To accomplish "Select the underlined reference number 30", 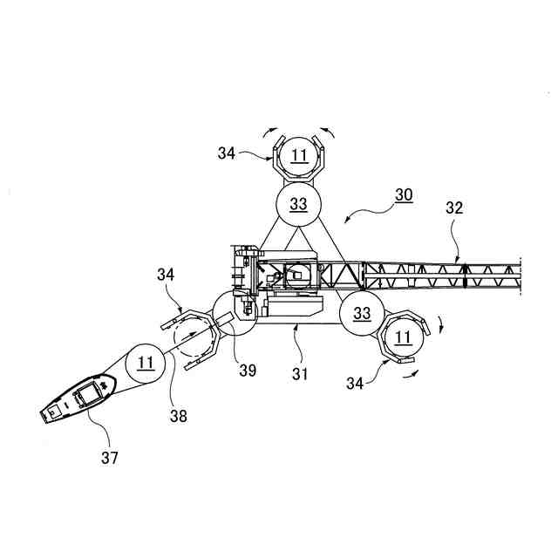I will coord(404,195).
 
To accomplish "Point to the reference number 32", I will coord(455,208).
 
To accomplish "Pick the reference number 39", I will coord(248,370).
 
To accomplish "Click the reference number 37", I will coord(109,457).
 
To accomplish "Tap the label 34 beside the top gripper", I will coord(226,153).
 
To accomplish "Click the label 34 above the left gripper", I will coord(167,276).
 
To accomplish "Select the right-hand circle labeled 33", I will coord(362,313).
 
